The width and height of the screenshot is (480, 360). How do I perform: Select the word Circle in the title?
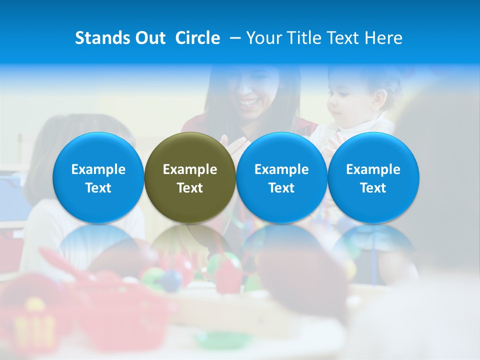(197, 38)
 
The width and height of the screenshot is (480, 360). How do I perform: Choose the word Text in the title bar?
(343, 38)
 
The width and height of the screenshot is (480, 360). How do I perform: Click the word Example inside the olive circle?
(190, 169)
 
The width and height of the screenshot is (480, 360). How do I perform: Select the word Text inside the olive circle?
(190, 188)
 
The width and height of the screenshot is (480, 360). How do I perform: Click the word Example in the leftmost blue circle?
(98, 169)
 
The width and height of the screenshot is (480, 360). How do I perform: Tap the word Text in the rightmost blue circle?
(373, 188)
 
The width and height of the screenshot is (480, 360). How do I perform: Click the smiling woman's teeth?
(247, 103)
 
